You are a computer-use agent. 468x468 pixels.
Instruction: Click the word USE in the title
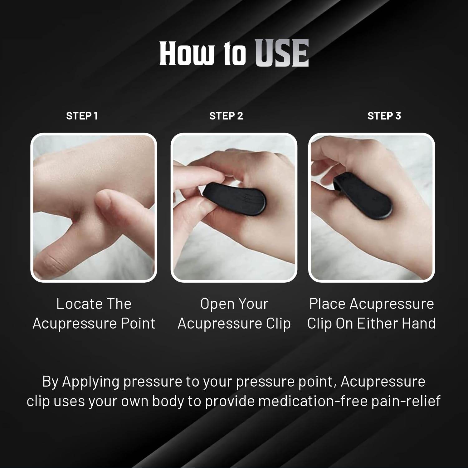click(282, 53)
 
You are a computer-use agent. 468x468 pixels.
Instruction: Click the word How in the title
click(186, 53)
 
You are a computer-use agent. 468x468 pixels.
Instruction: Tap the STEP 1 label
click(82, 116)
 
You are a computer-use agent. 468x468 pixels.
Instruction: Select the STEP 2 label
click(226, 116)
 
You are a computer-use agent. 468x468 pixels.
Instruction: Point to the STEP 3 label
click(384, 116)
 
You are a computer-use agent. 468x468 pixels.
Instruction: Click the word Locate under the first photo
click(79, 304)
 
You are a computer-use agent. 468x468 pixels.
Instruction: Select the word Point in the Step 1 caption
click(138, 324)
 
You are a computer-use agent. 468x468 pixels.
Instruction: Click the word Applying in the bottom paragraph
click(90, 382)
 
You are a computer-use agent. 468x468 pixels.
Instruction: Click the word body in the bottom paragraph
click(168, 401)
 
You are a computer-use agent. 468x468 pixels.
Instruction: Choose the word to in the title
click(235, 53)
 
